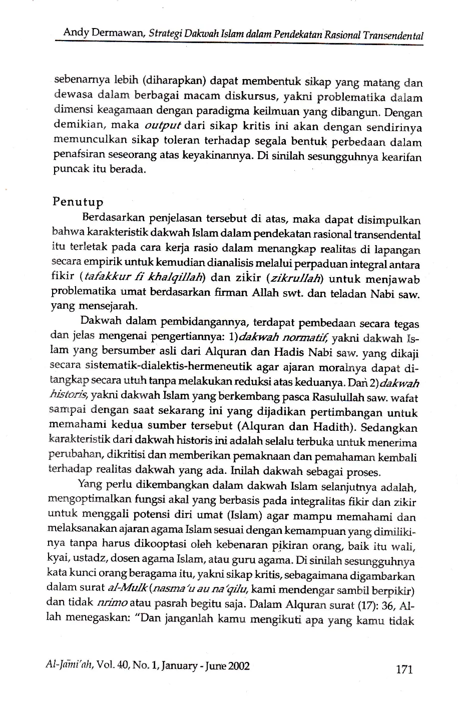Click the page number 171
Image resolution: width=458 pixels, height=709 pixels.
point(404,669)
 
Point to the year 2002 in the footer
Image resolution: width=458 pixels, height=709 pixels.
point(239,666)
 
